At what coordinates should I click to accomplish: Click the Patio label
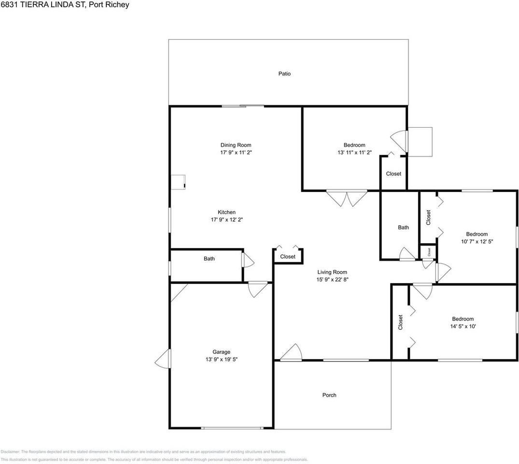coord(284,74)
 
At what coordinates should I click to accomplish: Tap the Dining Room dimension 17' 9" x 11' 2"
coord(236,152)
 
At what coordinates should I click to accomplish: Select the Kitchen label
coord(226,212)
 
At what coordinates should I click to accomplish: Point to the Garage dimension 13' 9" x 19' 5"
coord(222,360)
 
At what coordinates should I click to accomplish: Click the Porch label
coord(329,395)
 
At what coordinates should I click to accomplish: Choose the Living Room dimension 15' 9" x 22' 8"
coord(332,279)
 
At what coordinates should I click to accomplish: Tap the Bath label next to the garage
coord(209,259)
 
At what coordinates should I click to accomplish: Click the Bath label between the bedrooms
coord(403,228)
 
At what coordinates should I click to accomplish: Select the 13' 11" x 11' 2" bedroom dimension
coord(354,152)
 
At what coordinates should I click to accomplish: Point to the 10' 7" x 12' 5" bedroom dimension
coord(477,241)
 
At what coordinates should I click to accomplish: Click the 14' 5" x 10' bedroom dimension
coord(463,326)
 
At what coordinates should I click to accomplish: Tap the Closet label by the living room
coord(288,257)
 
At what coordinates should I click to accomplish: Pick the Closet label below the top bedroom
coord(393,174)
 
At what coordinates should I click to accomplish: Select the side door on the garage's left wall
coord(163,359)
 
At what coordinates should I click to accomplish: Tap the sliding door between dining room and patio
coord(243,106)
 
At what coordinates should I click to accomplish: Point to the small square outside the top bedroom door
coord(420,142)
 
